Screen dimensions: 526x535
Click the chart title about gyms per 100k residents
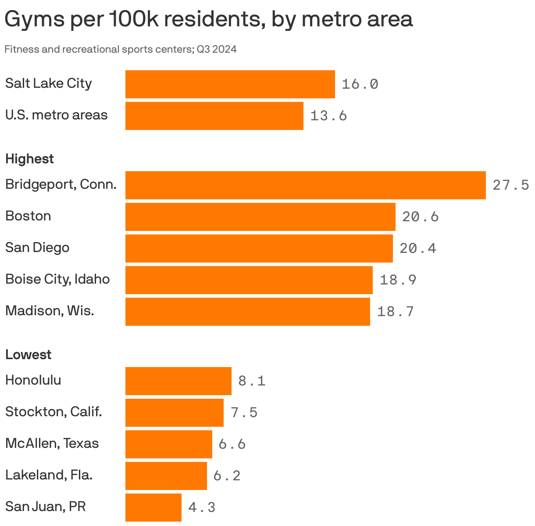[x=208, y=20]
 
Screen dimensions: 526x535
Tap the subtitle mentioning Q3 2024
[x=121, y=49]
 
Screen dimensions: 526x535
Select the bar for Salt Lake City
[x=230, y=84]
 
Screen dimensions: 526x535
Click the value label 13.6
[x=328, y=116]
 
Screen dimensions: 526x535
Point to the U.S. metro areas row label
[x=56, y=115]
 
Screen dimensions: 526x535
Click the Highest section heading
[x=29, y=159]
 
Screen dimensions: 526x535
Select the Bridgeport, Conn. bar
[x=305, y=185]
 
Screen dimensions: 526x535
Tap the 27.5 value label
[x=511, y=185]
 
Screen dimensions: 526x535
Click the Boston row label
[x=28, y=216]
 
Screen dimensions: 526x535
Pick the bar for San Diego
[x=259, y=249]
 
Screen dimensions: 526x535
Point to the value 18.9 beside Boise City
[x=398, y=280]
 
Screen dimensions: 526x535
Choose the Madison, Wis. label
[x=50, y=311]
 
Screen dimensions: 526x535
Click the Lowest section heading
[x=28, y=355]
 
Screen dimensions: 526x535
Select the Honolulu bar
[x=178, y=381]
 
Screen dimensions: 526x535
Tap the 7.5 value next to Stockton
[x=244, y=413]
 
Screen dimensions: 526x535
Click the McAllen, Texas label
[x=52, y=443]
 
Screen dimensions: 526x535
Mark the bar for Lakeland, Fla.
[x=166, y=476]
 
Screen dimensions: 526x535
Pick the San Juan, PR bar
[x=153, y=508]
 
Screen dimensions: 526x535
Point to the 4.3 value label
[x=202, y=508]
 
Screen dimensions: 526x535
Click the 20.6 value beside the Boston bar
[x=420, y=217]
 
